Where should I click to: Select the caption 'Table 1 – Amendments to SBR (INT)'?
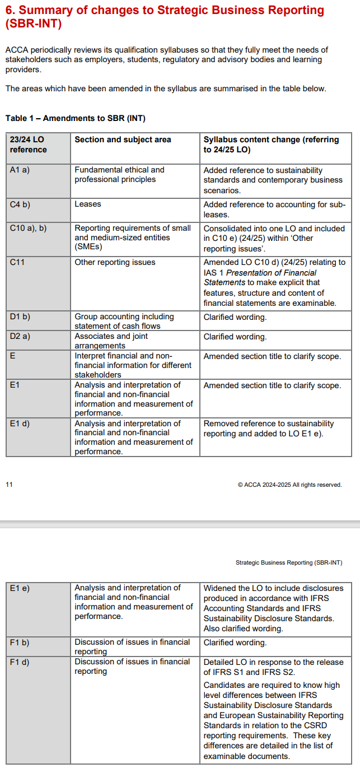[75, 118]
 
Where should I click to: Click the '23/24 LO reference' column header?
[29, 145]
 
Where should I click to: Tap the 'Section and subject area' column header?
[123, 139]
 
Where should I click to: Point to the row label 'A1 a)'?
[19, 170]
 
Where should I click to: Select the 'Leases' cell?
[88, 204]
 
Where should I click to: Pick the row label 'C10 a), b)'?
[28, 229]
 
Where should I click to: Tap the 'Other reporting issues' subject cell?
[115, 262]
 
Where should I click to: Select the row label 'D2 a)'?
[20, 337]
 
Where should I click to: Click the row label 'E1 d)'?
[20, 424]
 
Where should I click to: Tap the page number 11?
[9, 485]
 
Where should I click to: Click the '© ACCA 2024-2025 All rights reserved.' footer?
[289, 485]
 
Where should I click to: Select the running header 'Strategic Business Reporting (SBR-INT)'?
[288, 562]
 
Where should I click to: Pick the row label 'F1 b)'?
[20, 643]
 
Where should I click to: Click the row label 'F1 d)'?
[20, 662]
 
